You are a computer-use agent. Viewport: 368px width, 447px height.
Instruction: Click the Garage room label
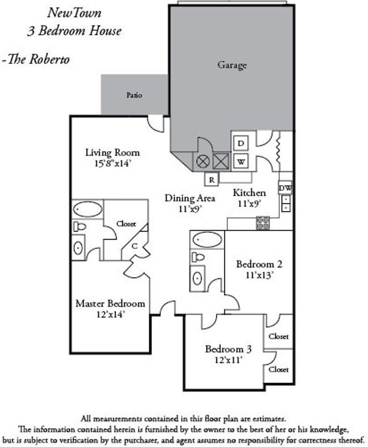(x=232, y=65)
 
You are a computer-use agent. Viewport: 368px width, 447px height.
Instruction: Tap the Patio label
(x=134, y=95)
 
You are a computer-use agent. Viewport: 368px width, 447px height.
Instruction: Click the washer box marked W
(x=241, y=162)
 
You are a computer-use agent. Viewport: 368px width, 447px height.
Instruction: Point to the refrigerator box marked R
(x=212, y=179)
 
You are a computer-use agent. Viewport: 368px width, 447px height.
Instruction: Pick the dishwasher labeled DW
(x=285, y=187)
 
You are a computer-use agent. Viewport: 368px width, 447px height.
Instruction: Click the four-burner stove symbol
(x=263, y=223)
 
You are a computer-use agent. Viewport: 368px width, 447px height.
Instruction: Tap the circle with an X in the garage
(x=203, y=162)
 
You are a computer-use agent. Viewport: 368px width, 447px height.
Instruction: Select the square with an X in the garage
(x=220, y=162)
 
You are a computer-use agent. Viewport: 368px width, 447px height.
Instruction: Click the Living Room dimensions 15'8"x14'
(x=112, y=164)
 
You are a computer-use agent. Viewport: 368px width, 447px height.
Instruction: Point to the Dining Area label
(x=190, y=198)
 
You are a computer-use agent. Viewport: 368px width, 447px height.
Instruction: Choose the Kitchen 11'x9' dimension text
(x=250, y=203)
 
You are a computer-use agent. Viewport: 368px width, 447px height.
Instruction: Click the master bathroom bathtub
(x=88, y=209)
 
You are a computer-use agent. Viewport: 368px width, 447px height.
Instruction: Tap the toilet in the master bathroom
(x=80, y=227)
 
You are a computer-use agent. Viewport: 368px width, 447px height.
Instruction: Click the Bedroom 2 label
(x=259, y=264)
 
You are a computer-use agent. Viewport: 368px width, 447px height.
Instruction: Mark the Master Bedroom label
(x=110, y=303)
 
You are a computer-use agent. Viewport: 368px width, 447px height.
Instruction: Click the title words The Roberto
(x=37, y=60)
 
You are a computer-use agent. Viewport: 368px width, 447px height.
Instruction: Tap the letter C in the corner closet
(x=134, y=245)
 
